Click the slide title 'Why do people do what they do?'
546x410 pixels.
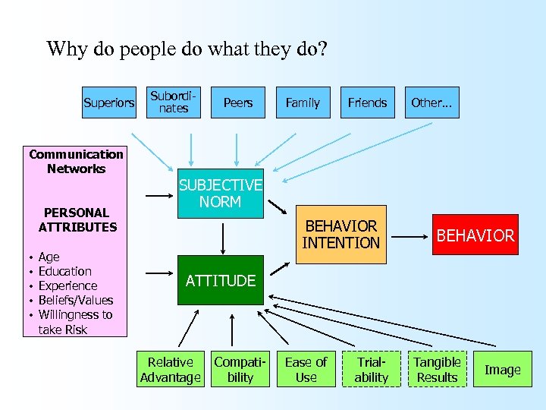(187, 50)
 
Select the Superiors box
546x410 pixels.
(108, 102)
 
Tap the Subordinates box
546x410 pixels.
(174, 102)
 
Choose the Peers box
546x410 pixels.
(238, 102)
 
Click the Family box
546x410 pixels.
(303, 102)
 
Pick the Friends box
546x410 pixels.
(367, 102)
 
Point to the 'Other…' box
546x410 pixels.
(431, 102)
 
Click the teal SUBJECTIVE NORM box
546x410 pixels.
(220, 194)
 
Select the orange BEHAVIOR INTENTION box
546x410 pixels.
(340, 235)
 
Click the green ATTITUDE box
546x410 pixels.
(221, 280)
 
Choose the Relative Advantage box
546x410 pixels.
(171, 370)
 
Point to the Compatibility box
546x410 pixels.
(240, 370)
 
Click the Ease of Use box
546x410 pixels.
(306, 370)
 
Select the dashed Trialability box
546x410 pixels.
(371, 370)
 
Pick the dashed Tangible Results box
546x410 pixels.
(437, 370)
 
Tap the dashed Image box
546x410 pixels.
(503, 370)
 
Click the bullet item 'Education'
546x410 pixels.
(65, 271)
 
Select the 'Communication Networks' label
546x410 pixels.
(76, 161)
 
